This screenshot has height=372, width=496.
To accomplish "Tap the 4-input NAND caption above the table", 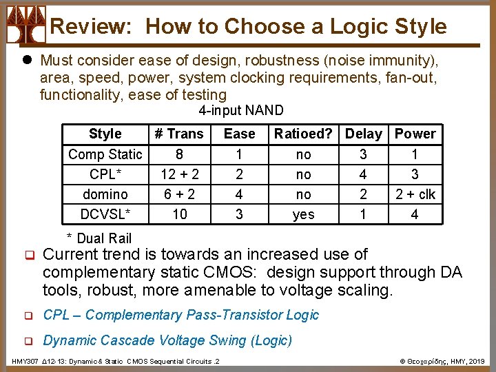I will pyautogui.click(x=240, y=111).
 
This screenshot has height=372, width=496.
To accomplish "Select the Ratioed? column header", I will pyautogui.click(x=303, y=134).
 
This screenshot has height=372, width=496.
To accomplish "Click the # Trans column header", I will pyautogui.click(x=179, y=134).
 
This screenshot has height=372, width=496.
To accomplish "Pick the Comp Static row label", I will pyautogui.click(x=105, y=154).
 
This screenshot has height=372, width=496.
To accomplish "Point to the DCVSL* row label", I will pyautogui.click(x=105, y=214).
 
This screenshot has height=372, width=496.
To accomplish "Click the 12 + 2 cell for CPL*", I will pyautogui.click(x=179, y=174).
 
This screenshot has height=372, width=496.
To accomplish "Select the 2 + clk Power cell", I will pyautogui.click(x=415, y=194).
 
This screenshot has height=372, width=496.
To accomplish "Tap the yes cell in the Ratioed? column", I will pyautogui.click(x=303, y=214).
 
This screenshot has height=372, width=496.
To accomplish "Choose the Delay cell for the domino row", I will pyautogui.click(x=363, y=194).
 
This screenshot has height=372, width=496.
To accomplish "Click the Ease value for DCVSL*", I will pyautogui.click(x=239, y=214).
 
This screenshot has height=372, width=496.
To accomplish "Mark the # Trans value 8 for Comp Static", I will pyautogui.click(x=179, y=154).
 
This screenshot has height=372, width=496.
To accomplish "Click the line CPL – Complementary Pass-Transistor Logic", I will pyautogui.click(x=181, y=316).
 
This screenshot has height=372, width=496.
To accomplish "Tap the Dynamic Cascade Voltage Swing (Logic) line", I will pyautogui.click(x=167, y=340).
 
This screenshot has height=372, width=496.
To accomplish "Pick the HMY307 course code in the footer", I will pyautogui.click(x=25, y=361).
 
